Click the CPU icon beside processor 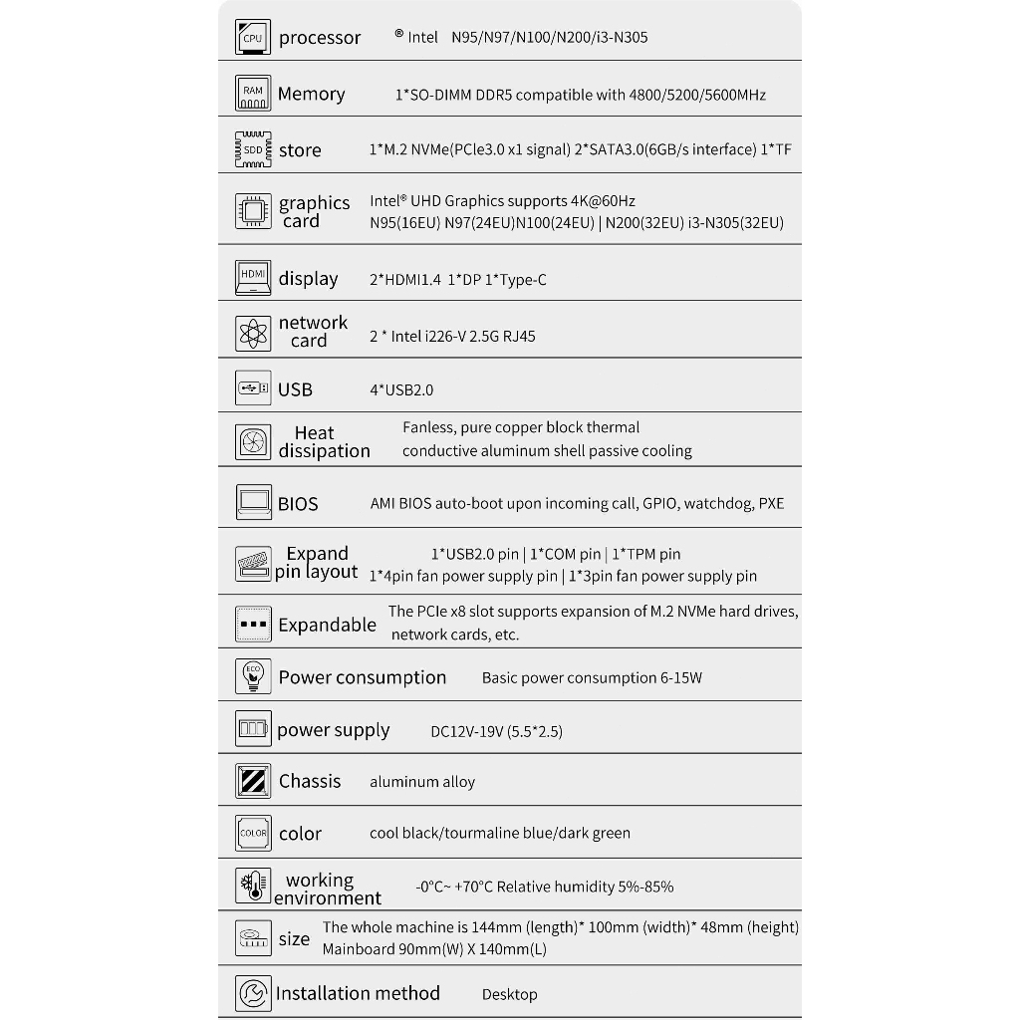point(253,38)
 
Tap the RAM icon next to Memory point(253,94)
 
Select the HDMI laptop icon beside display point(253,278)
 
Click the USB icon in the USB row point(253,388)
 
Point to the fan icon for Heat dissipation point(253,441)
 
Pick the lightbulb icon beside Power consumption point(253,676)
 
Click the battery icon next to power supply point(253,729)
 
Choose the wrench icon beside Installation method point(253,993)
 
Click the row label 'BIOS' point(298,504)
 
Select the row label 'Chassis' point(310,782)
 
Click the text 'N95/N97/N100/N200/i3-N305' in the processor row point(549,38)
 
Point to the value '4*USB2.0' point(401,390)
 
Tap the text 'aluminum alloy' point(422,783)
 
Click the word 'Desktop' point(509,994)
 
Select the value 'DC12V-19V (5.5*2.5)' point(496,731)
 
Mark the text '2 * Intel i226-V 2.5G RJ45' point(452,337)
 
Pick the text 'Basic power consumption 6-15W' point(592,678)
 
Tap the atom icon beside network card point(253,334)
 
